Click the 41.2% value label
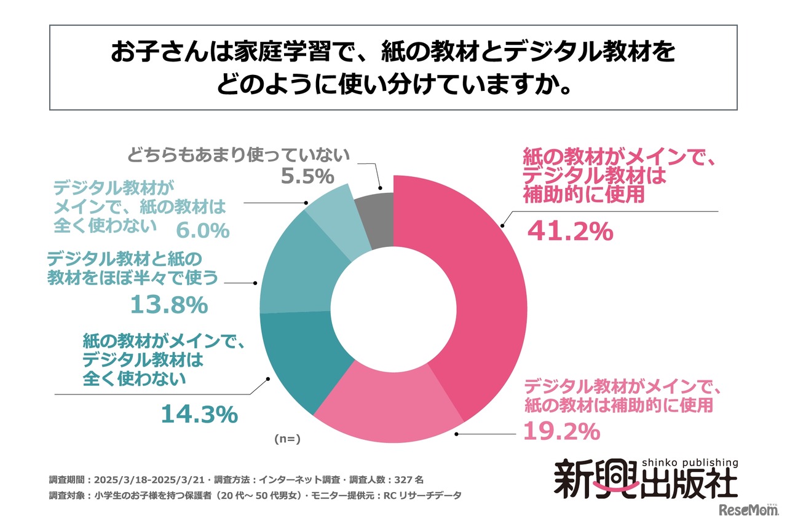(x=570, y=232)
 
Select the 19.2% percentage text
(x=561, y=432)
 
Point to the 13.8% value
(x=168, y=304)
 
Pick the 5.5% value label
(x=307, y=177)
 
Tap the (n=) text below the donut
(x=286, y=439)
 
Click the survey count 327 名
(x=405, y=479)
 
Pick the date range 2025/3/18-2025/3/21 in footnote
(x=146, y=479)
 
